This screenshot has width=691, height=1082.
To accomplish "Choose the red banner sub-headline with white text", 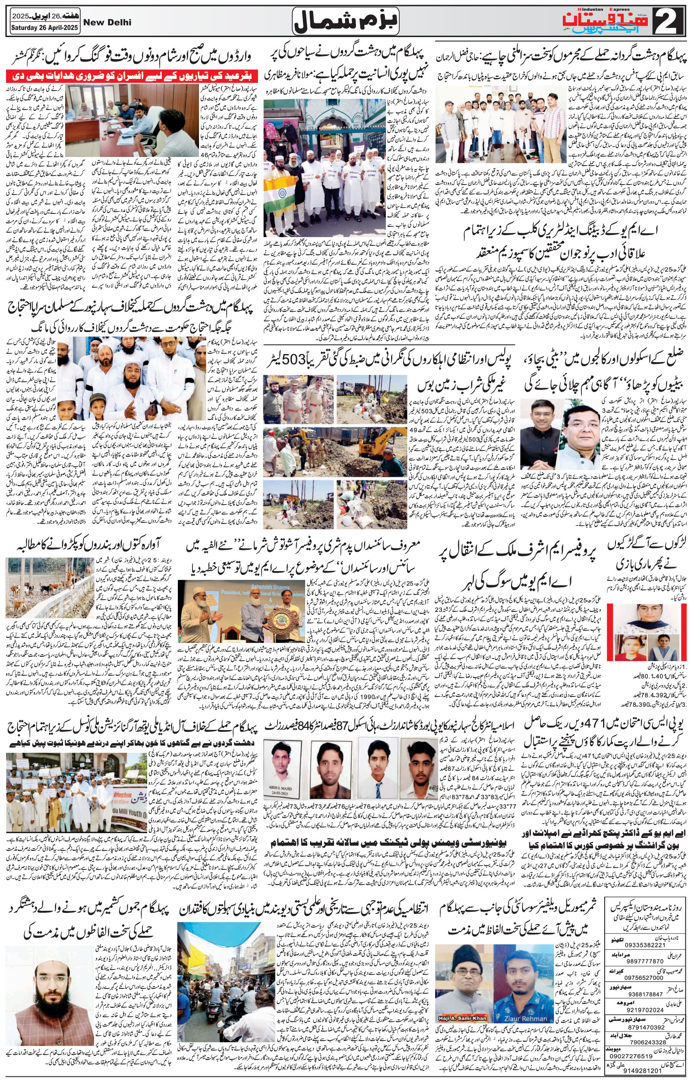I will [104, 74].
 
